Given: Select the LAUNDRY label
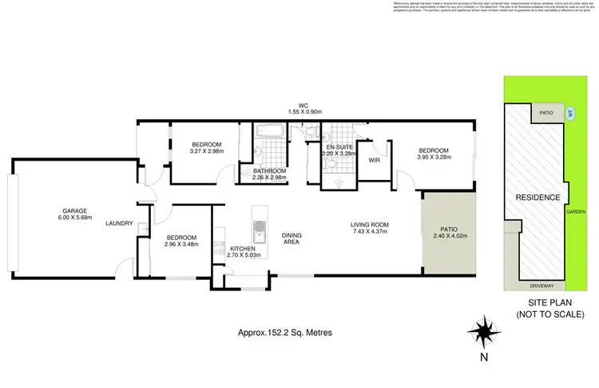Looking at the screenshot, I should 119,223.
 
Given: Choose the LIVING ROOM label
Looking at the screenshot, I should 368,225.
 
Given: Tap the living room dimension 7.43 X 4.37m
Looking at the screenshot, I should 368,232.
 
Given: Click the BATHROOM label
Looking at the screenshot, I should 269,170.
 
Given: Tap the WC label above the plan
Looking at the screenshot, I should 303,104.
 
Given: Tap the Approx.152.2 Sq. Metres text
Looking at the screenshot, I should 286,332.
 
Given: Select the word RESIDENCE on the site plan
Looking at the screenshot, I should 536,197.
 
